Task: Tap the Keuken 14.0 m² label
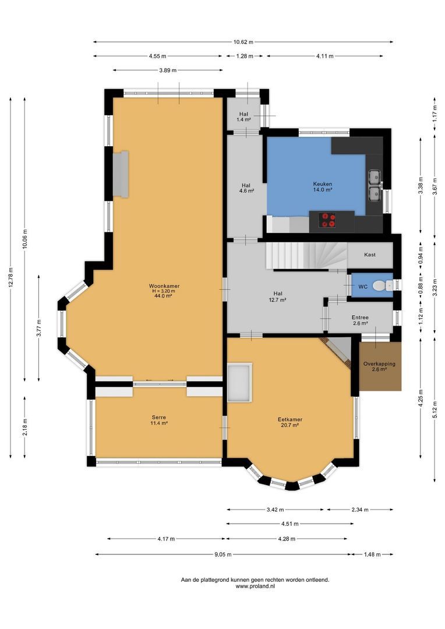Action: click(x=322, y=186)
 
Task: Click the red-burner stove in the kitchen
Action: click(x=328, y=220)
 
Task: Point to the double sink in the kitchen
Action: click(x=374, y=185)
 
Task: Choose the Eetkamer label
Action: click(x=289, y=422)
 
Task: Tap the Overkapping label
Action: click(x=379, y=366)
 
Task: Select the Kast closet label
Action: click(x=369, y=255)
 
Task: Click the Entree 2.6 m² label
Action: click(x=360, y=320)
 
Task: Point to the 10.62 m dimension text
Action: click(x=243, y=42)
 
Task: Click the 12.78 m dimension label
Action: click(x=11, y=278)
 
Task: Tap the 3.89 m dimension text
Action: click(x=168, y=70)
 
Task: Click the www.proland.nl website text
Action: click(x=255, y=586)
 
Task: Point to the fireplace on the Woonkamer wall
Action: click(x=121, y=175)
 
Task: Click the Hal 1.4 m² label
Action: click(x=243, y=116)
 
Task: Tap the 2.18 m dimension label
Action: click(x=25, y=427)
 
